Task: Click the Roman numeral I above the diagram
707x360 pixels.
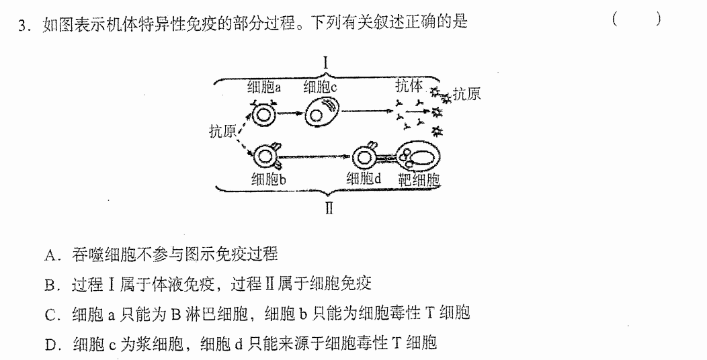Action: pos(326,64)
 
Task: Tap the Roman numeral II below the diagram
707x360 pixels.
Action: pos(329,209)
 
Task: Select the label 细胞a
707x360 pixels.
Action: pos(263,87)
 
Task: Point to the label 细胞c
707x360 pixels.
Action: pos(320,87)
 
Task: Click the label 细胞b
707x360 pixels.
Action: pos(269,179)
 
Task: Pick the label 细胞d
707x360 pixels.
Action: pos(364,179)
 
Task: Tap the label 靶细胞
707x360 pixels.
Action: pos(419,180)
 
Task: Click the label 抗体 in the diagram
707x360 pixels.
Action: pos(409,85)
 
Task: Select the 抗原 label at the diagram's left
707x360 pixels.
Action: pos(222,131)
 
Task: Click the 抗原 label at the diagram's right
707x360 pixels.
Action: pos(466,94)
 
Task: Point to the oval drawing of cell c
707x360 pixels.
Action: pos(321,113)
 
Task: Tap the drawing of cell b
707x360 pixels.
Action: pos(267,156)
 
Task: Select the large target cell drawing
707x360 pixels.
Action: pos(418,157)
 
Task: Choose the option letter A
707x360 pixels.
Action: pos(50,255)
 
